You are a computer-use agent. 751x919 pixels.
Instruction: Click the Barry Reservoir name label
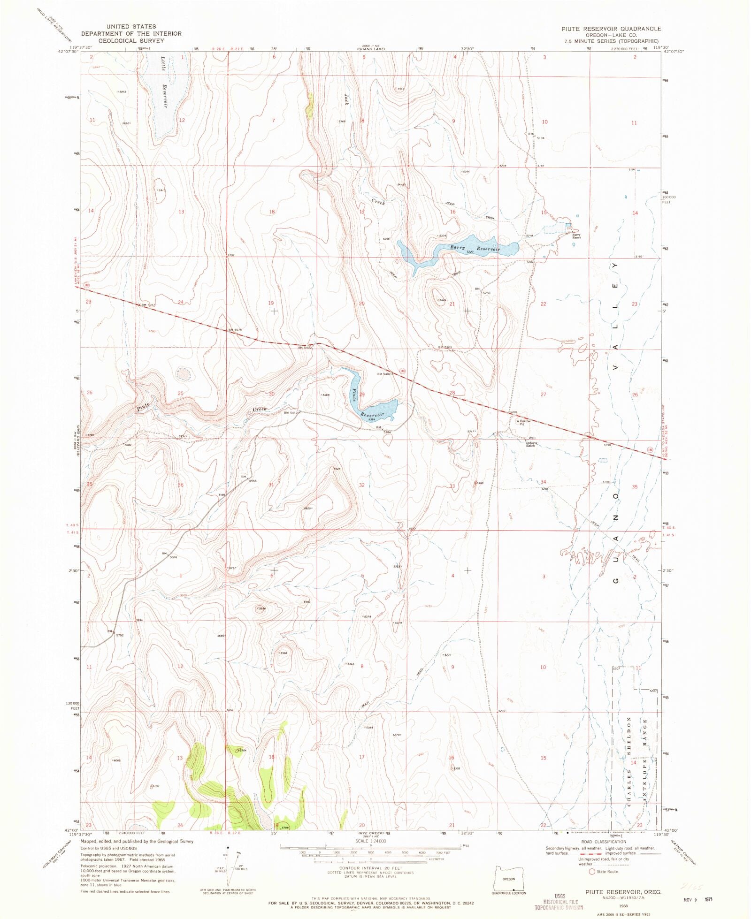click(475, 248)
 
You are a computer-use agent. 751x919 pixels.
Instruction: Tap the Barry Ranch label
click(576, 236)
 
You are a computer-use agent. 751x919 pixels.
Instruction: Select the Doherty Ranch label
click(531, 444)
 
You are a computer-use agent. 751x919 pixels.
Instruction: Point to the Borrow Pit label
click(524, 422)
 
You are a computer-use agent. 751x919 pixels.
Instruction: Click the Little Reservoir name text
click(164, 82)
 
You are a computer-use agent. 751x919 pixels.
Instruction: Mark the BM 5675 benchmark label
click(235, 330)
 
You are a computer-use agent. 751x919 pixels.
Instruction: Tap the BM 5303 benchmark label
click(444, 347)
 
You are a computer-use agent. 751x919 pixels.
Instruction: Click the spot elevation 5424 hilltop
click(441, 299)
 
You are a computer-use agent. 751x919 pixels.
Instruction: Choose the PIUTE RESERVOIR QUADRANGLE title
click(611, 29)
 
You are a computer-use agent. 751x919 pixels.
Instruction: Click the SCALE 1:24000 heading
click(370, 841)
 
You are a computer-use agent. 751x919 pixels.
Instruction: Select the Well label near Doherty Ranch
click(532, 438)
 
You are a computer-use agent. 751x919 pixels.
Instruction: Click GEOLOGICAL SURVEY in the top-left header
click(131, 41)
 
